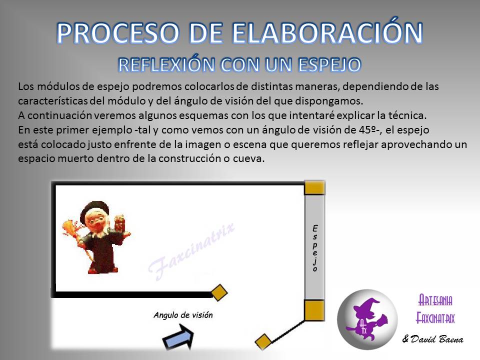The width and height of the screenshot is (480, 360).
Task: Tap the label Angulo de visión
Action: [x=183, y=315]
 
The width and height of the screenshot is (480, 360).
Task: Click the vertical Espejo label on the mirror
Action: [x=315, y=248]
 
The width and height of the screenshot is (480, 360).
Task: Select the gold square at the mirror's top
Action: [x=314, y=188]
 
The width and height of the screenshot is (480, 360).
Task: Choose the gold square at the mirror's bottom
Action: [x=314, y=310]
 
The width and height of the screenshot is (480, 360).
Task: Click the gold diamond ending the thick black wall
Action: [x=219, y=292]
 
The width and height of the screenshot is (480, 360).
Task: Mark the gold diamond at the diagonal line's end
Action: [x=263, y=341]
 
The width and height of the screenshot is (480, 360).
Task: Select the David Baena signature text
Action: [x=432, y=339]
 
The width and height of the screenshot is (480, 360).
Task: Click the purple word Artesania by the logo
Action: [x=435, y=300]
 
